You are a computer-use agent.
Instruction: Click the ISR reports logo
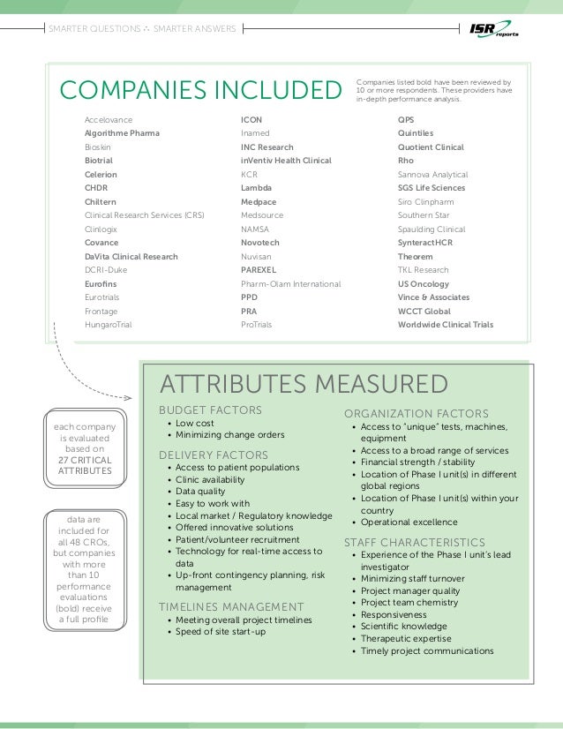coord(494,29)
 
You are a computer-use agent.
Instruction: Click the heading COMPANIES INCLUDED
coord(199,90)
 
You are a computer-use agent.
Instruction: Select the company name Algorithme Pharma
coord(122,133)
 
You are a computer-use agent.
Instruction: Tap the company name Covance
coord(101,243)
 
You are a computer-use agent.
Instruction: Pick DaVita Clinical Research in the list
coord(131,257)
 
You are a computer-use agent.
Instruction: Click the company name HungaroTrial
coord(107,325)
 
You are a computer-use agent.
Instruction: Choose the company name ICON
coord(251,119)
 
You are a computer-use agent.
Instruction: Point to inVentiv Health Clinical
coord(286,161)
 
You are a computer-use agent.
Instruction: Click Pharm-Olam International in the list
coord(290,284)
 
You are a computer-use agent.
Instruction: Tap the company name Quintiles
coord(416,133)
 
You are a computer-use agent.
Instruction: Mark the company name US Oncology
coord(424,284)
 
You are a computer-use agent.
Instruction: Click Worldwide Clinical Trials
coord(446,325)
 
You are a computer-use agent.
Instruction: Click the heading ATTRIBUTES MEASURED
coord(303,384)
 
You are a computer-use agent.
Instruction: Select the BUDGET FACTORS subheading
coord(210,410)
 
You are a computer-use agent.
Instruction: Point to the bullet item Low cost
coord(195,424)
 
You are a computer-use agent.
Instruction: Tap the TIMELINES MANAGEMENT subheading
coord(231,606)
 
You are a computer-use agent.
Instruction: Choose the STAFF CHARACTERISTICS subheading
coord(415,542)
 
